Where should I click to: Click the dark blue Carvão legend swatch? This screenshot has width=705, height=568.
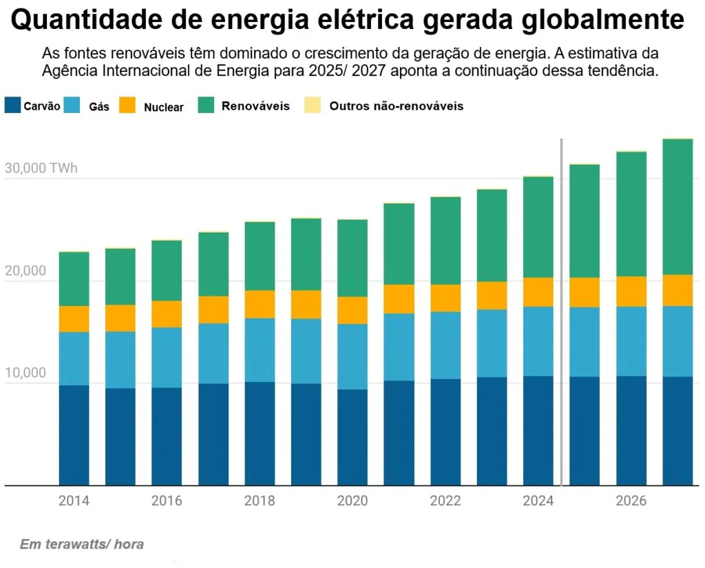tap(12, 105)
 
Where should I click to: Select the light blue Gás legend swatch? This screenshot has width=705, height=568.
tap(74, 105)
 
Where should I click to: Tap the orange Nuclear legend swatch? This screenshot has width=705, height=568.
tap(128, 105)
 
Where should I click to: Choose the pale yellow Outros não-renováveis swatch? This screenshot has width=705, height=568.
tap(313, 105)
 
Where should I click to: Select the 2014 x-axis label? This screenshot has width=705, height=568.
tap(74, 501)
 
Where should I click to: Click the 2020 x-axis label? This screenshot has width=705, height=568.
tap(352, 501)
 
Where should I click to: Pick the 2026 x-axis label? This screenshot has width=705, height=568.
tap(631, 501)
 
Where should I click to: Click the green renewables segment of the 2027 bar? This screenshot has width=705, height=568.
tap(677, 207)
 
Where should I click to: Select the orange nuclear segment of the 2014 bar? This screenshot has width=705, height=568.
tap(74, 319)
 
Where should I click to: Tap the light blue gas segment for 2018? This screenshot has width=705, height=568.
tap(260, 350)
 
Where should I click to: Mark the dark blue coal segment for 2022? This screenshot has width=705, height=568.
tap(445, 432)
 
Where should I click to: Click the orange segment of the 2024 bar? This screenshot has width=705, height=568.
tap(538, 292)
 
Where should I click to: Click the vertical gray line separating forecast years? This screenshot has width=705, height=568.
tap(562, 310)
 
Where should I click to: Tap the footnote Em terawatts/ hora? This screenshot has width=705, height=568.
tap(82, 545)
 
